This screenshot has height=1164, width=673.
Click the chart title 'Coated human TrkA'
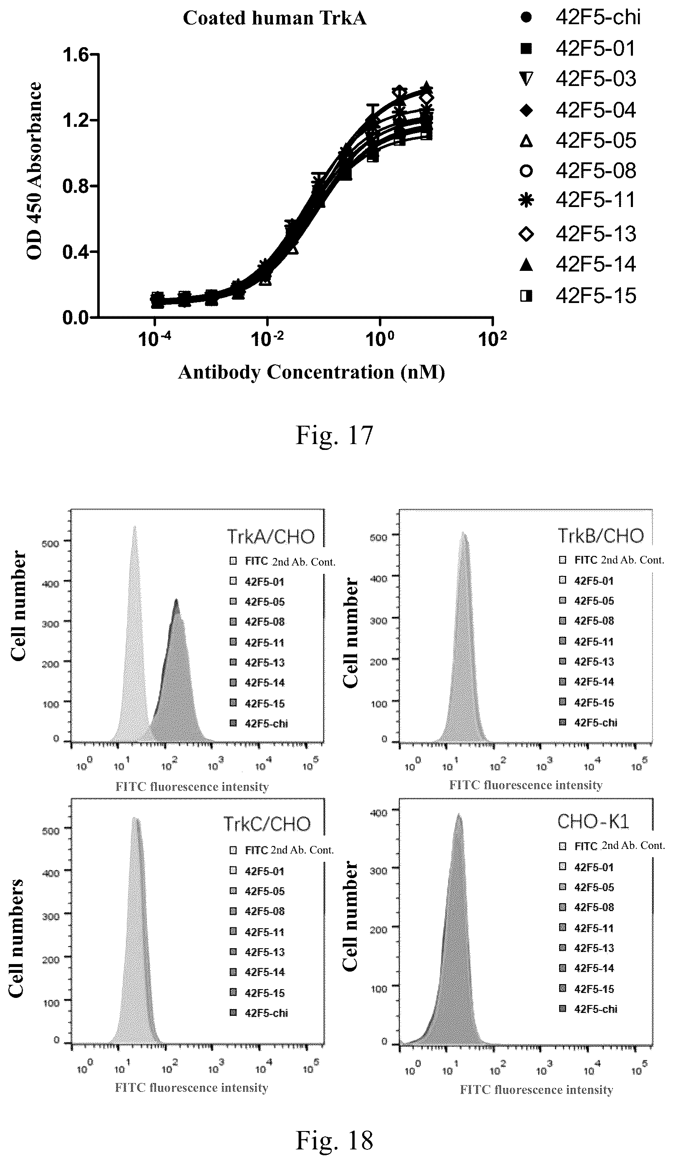(275, 18)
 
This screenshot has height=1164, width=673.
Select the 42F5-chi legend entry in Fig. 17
(581, 18)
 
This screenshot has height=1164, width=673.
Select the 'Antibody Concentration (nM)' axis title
(311, 372)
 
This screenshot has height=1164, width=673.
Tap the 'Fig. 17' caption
(334, 436)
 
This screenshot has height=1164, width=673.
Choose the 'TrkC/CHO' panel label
(267, 824)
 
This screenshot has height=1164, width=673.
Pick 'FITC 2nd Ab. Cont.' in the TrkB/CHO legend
(612, 560)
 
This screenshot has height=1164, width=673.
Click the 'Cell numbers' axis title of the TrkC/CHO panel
(16, 938)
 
